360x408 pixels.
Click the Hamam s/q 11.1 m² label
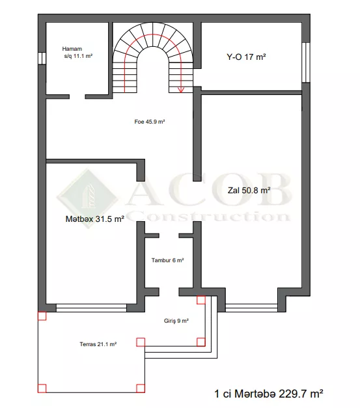pos(77,52)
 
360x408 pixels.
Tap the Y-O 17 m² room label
pos(246,57)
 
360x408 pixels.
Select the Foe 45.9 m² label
pos(150,122)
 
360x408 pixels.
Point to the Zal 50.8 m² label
pos(249,190)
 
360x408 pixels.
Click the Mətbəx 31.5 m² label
pos(95,219)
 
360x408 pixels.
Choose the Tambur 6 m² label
pos(168,260)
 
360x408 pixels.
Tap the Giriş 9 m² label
pos(176,321)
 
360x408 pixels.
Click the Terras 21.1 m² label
pos(98,344)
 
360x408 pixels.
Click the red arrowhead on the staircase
pos(180,90)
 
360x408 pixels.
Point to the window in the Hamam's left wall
pos(42,58)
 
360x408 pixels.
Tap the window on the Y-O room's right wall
pos(306,62)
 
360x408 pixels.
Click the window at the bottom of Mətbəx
pos(91,308)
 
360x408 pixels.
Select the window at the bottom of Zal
pos(251,308)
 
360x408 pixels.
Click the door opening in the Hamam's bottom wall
pos(77,97)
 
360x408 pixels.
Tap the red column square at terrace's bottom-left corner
pos(42,388)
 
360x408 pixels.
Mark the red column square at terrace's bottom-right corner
pos(141,388)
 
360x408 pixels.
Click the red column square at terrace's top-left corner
pos(42,316)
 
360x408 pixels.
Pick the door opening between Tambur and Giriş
pos(169,292)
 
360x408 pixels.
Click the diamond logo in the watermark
pos(88,198)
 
